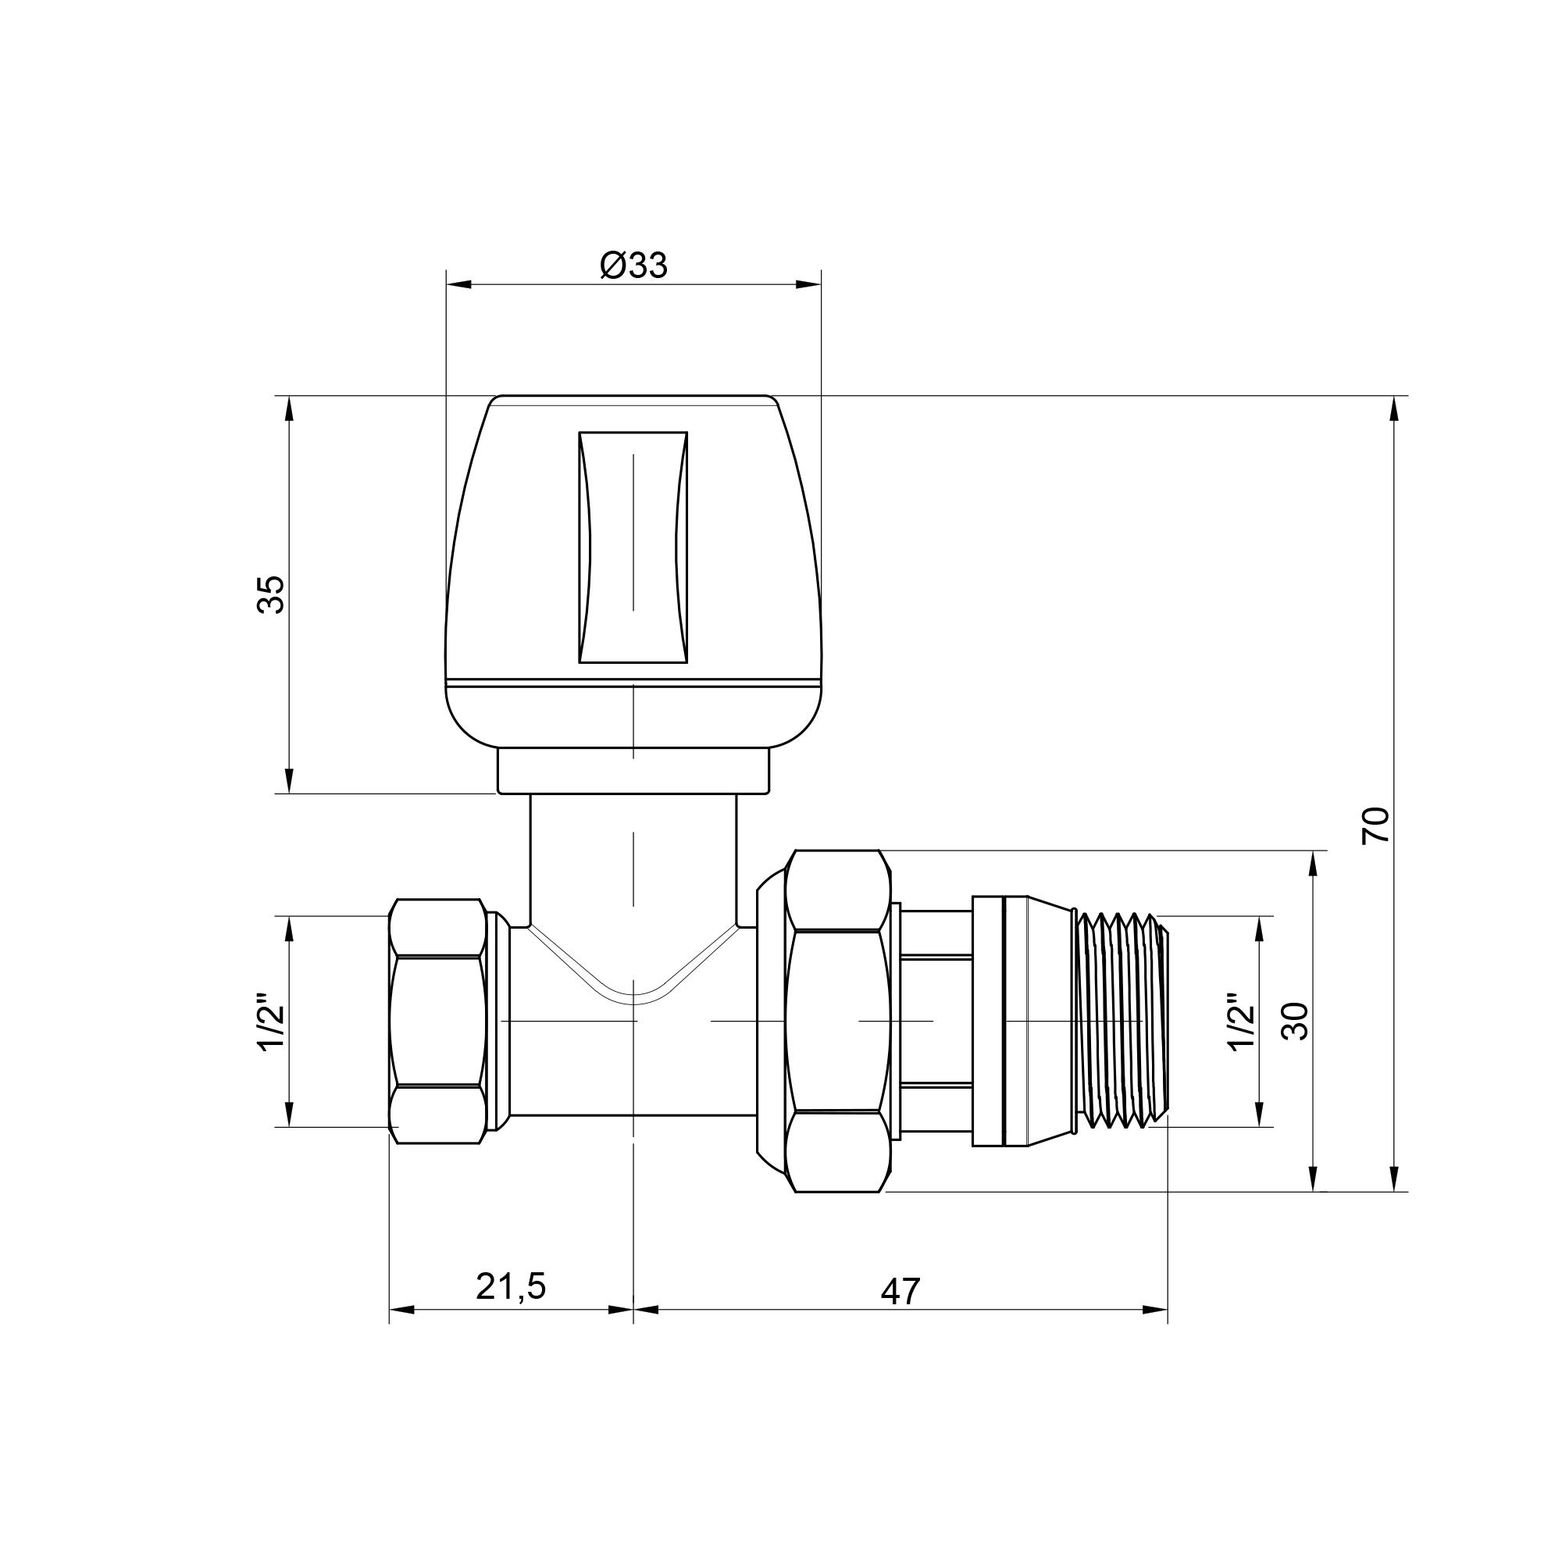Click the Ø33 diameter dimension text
click(634, 266)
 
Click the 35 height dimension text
click(273, 595)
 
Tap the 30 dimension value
click(1294, 1021)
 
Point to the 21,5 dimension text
click(511, 1286)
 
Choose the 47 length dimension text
click(900, 1292)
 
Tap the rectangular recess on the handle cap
click(633, 547)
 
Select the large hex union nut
click(838, 1022)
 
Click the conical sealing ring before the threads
click(1023, 1020)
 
